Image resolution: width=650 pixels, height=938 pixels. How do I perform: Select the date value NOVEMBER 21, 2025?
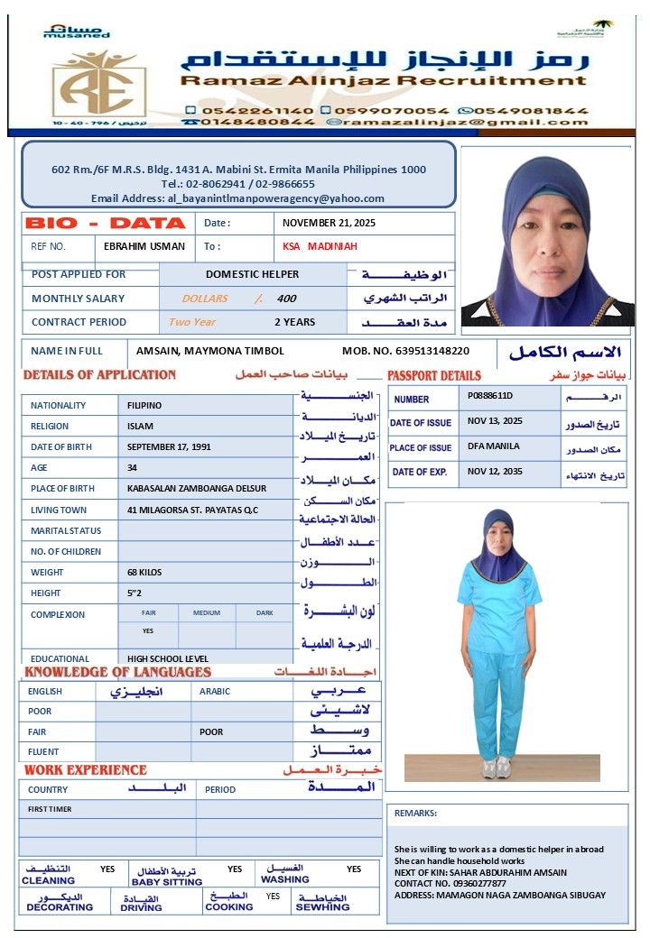click(329, 223)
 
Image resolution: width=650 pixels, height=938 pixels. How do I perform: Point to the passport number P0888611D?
click(490, 396)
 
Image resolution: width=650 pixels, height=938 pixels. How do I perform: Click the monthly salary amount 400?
click(286, 299)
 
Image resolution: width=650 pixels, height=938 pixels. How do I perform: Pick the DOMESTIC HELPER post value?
click(252, 274)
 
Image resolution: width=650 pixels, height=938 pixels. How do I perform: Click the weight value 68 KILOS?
click(146, 572)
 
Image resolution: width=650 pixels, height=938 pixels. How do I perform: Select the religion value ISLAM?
click(141, 426)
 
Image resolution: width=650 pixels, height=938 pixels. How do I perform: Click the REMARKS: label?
click(415, 813)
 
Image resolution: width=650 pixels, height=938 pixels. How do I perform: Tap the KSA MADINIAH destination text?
click(320, 246)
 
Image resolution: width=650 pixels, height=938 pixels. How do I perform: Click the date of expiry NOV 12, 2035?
click(495, 472)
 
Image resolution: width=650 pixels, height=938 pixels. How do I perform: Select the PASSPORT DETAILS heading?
click(434, 375)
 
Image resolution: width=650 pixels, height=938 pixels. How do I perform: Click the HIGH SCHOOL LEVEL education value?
click(168, 658)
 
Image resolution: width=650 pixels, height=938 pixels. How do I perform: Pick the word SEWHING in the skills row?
click(322, 906)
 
